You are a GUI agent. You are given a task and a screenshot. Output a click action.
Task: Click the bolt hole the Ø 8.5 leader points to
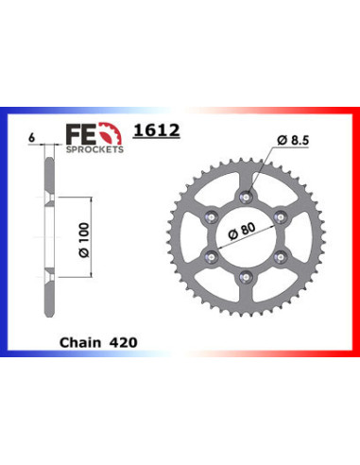(247, 197)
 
